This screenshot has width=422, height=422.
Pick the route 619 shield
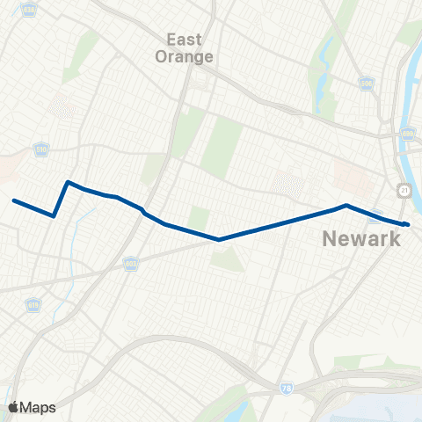33,305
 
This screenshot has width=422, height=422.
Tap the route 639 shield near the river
406,134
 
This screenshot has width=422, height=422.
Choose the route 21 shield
403,190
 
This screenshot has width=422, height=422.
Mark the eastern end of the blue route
407,224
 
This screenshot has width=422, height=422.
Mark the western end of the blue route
14,200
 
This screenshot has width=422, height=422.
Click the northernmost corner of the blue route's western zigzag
68,182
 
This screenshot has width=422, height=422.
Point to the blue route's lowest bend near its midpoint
218,238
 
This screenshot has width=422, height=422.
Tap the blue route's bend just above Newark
346,206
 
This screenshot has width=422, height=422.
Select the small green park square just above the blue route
200,217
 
